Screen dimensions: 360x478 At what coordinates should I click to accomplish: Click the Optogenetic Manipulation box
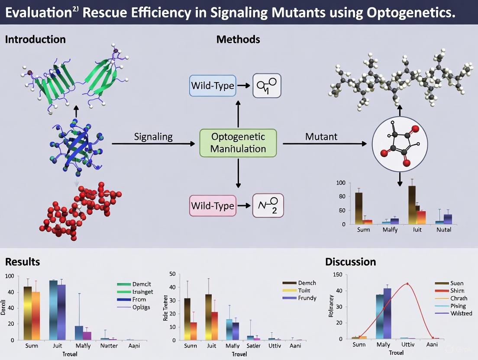(238, 143)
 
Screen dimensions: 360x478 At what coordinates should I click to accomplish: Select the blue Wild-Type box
(212, 85)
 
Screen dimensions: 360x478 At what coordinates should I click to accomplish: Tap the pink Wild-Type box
(212, 205)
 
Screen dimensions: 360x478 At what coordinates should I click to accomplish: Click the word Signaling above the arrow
(153, 137)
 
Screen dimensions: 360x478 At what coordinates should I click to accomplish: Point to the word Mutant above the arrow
(321, 137)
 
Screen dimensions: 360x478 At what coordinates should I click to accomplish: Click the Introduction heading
(36, 39)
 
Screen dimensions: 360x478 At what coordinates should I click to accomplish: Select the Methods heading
(238, 39)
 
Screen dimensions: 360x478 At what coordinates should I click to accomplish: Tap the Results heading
(23, 262)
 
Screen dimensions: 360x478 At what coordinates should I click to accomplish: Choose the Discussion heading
(350, 262)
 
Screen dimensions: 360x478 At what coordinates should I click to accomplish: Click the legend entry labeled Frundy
(307, 298)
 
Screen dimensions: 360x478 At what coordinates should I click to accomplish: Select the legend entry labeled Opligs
(142, 307)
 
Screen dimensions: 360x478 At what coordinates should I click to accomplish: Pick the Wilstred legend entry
(461, 313)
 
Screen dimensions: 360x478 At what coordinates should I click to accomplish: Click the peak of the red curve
(407, 284)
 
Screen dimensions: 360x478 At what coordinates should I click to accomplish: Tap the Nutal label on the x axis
(443, 229)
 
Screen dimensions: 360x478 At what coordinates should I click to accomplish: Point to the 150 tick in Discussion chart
(337, 275)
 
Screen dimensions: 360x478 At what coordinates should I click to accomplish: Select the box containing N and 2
(268, 205)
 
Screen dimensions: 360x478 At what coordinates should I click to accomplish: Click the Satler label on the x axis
(253, 346)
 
